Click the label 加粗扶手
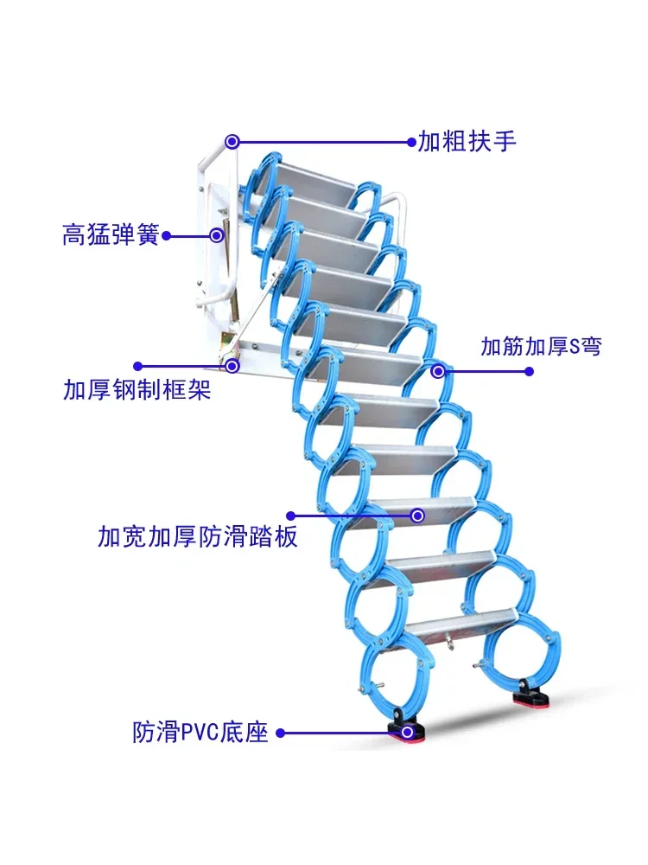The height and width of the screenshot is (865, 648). click(467, 141)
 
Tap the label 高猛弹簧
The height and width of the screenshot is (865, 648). click(111, 234)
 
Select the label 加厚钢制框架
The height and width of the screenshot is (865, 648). click(137, 390)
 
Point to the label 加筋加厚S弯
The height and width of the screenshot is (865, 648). click(541, 347)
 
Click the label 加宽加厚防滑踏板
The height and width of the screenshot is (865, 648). click(198, 537)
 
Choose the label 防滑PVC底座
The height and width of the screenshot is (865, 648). click(200, 733)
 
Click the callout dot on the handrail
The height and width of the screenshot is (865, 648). click(232, 141)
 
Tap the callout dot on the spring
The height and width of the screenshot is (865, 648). click(217, 234)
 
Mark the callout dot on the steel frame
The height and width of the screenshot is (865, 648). click(232, 366)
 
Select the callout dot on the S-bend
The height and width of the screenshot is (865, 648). click(439, 372)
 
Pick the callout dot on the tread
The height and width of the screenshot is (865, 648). click(417, 516)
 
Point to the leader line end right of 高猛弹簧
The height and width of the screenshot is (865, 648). click(167, 234)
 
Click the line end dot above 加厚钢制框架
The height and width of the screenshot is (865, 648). click(137, 366)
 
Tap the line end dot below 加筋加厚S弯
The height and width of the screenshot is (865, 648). click(530, 372)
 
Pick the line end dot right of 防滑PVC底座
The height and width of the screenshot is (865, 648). click(280, 733)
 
